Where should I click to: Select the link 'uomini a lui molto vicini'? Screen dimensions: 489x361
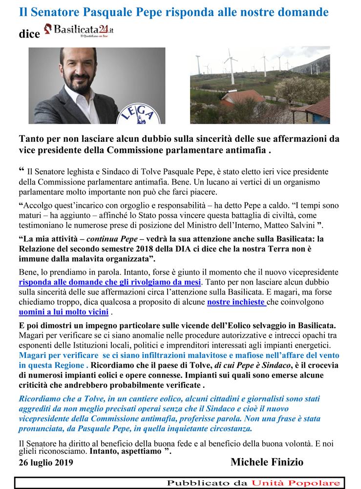64,312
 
